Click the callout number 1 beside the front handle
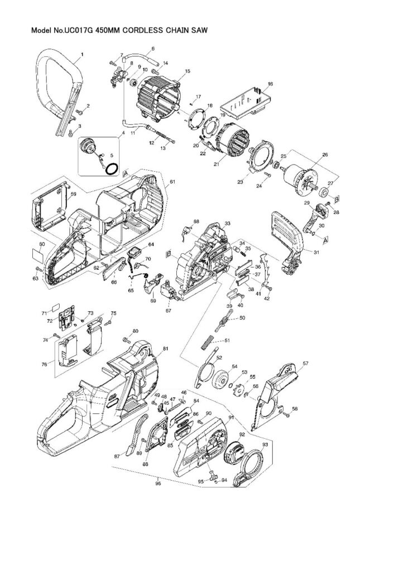coord(81,54)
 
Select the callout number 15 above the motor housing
coord(187,71)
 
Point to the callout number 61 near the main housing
coord(172,182)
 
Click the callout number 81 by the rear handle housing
coord(165,349)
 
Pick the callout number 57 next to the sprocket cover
coord(305,364)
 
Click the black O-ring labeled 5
coord(112,167)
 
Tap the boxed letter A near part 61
coord(126,173)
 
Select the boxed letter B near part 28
coord(337,199)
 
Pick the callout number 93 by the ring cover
coord(265,444)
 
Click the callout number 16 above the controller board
coord(270,84)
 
